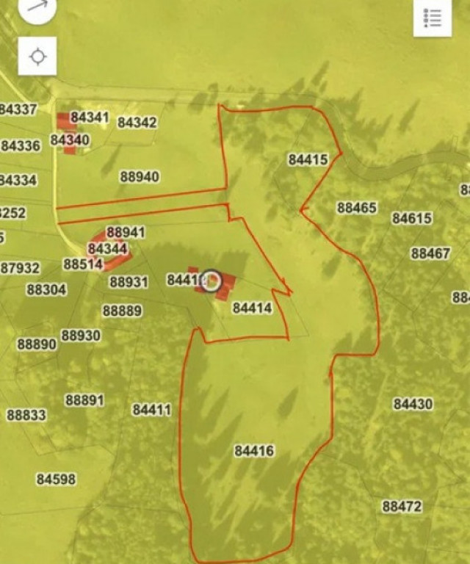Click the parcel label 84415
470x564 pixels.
(x=308, y=159)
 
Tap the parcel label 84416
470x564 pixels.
(x=254, y=451)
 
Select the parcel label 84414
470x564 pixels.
(x=252, y=308)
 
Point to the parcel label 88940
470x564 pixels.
(x=140, y=177)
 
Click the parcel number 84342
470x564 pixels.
(x=137, y=123)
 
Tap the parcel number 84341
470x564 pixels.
(x=90, y=117)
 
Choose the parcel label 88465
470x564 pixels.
(x=357, y=208)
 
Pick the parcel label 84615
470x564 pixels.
(x=412, y=218)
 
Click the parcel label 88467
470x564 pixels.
(x=430, y=253)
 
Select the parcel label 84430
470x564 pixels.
(x=413, y=404)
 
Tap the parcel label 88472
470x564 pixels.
(x=402, y=507)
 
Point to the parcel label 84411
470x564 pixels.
(x=152, y=410)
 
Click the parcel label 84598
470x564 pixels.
(x=56, y=480)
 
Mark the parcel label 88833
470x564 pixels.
(x=26, y=415)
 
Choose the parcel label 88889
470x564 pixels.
(x=122, y=311)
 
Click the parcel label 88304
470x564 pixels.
(x=46, y=289)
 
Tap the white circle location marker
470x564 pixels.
(x=211, y=281)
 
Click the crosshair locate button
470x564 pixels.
(x=37, y=57)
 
